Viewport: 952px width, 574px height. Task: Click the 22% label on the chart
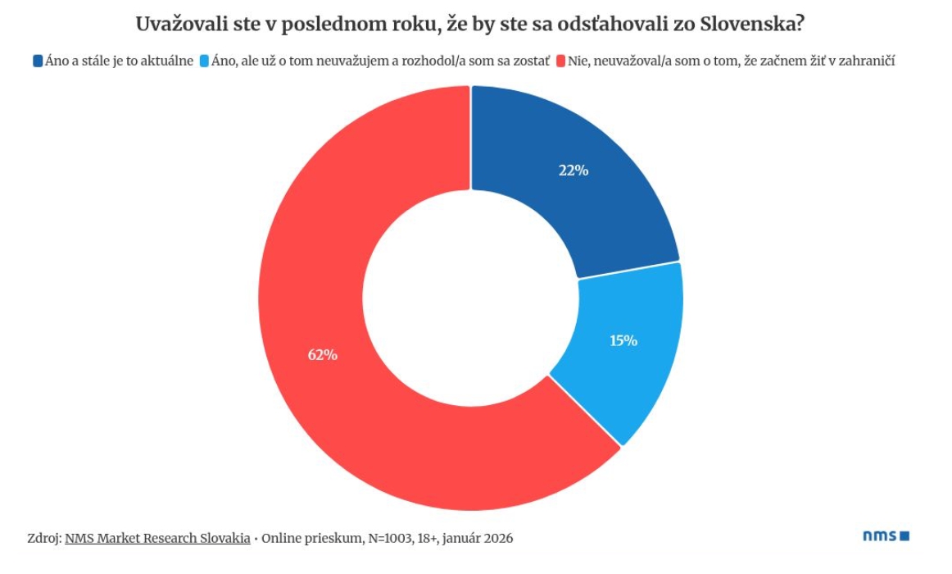point(573,171)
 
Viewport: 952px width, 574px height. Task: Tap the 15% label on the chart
point(623,340)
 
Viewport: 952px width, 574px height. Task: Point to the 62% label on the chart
point(323,355)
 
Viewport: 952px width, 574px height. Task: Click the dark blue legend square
point(38,61)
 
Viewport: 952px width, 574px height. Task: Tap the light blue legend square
point(204,61)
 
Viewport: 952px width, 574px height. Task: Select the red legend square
point(561,61)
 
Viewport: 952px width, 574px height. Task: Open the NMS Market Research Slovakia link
point(157,539)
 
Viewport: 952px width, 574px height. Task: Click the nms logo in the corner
point(886,536)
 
